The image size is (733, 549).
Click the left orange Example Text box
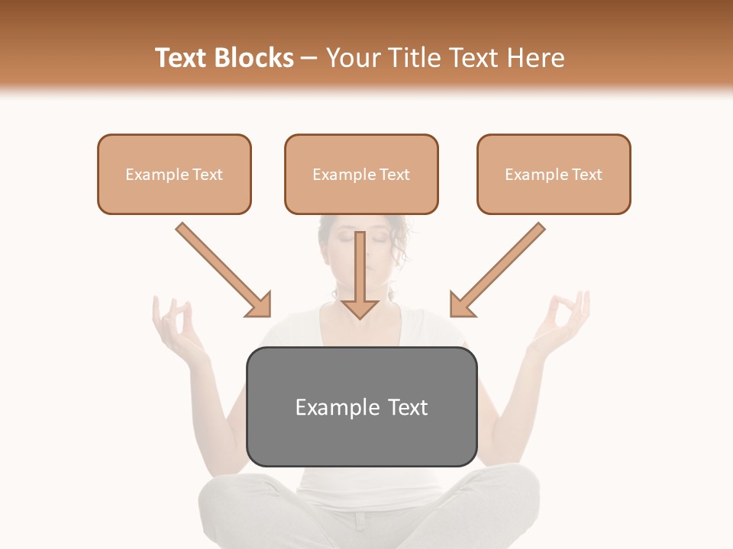click(x=174, y=174)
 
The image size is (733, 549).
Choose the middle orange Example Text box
click(x=361, y=174)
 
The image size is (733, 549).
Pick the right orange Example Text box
click(x=554, y=174)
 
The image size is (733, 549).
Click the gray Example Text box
click(x=361, y=406)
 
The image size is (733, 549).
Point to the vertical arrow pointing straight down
click(x=360, y=274)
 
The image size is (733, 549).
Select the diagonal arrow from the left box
click(x=223, y=270)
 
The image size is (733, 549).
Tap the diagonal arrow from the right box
click(x=497, y=270)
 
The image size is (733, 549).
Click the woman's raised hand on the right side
click(x=564, y=320)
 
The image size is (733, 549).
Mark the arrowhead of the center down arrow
click(x=360, y=308)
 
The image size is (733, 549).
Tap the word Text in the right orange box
click(x=587, y=174)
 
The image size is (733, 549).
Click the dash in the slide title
click(x=309, y=58)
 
